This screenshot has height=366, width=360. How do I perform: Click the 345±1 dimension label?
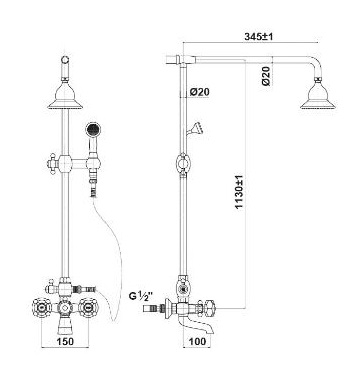click(258, 37)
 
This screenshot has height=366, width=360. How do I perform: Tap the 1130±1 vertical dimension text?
click(239, 192)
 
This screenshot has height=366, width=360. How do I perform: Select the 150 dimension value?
click(65, 341)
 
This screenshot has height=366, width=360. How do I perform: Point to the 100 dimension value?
click(197, 341)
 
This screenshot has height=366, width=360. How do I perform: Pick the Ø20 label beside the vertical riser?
click(200, 92)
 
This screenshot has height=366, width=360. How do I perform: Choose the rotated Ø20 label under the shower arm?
click(266, 76)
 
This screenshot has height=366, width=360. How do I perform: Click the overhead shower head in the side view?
click(318, 96)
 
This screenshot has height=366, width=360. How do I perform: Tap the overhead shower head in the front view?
click(65, 96)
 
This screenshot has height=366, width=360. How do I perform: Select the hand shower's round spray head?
click(93, 129)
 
